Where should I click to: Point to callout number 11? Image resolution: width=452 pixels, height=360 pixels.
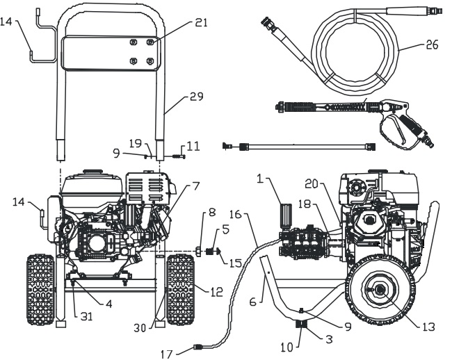coord(194,147)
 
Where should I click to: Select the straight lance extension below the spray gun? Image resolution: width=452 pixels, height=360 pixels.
coord(298,147)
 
